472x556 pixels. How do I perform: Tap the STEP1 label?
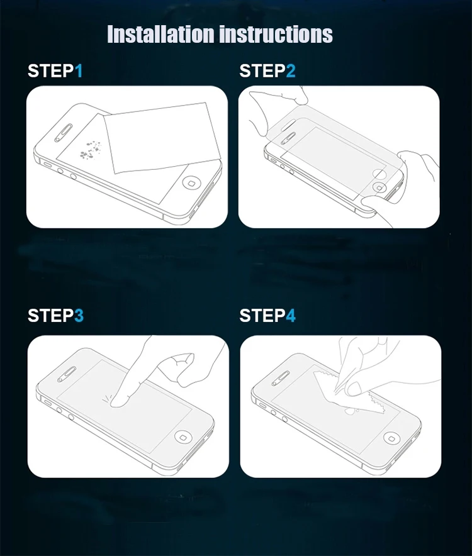tap(55, 71)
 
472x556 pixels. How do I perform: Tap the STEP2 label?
tap(267, 71)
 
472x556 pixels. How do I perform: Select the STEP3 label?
tap(55, 315)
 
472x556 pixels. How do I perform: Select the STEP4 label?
tap(267, 315)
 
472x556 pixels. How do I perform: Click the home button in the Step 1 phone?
tap(191, 183)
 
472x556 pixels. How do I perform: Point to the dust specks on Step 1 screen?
tap(93, 149)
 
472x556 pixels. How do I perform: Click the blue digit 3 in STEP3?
tap(79, 315)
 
